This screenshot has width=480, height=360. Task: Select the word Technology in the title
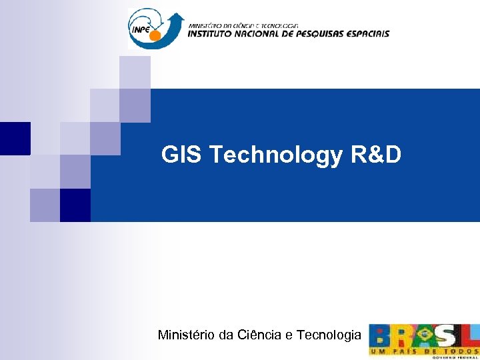pyautogui.click(x=276, y=156)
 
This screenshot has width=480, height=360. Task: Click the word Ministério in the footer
pyautogui.click(x=187, y=335)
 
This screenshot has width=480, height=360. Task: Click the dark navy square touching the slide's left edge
pyautogui.click(x=15, y=139)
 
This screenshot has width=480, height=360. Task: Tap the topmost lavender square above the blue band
pyautogui.click(x=135, y=72)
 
